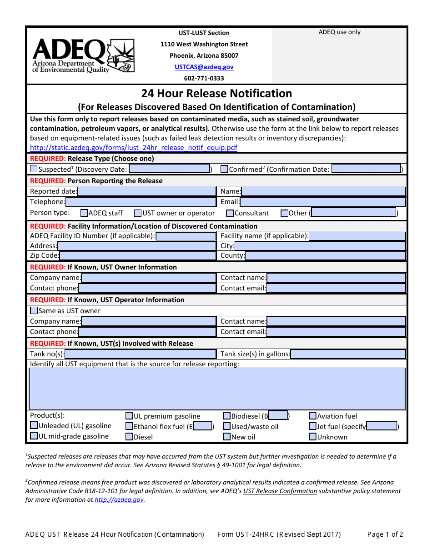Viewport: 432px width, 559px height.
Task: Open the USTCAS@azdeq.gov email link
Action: pos(204,67)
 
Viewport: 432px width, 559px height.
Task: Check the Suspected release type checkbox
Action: pos(34,169)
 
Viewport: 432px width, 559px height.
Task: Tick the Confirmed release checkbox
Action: pos(224,169)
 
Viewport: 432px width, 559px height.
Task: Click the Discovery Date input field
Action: pos(169,169)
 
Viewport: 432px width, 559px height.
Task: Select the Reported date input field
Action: pos(146,191)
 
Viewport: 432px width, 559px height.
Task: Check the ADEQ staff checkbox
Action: pos(84,213)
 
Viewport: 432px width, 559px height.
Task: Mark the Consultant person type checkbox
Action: pos(230,213)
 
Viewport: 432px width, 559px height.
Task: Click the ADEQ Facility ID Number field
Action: pos(186,236)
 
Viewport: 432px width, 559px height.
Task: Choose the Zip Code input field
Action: pos(137,255)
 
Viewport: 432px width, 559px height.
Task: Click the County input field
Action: pos(325,255)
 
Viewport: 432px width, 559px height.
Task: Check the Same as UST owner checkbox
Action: pos(34,310)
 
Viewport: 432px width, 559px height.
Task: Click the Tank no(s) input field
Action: pos(140,354)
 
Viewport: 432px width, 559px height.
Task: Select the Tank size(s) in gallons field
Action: pos(348,354)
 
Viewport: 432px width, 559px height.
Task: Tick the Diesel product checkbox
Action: pos(130,437)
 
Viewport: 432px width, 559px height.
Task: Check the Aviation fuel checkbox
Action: pos(313,416)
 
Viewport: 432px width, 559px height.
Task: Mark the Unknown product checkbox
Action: pos(313,437)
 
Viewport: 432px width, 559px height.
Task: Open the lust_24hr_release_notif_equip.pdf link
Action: pos(134,148)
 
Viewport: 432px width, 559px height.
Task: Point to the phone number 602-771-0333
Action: pos(204,78)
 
